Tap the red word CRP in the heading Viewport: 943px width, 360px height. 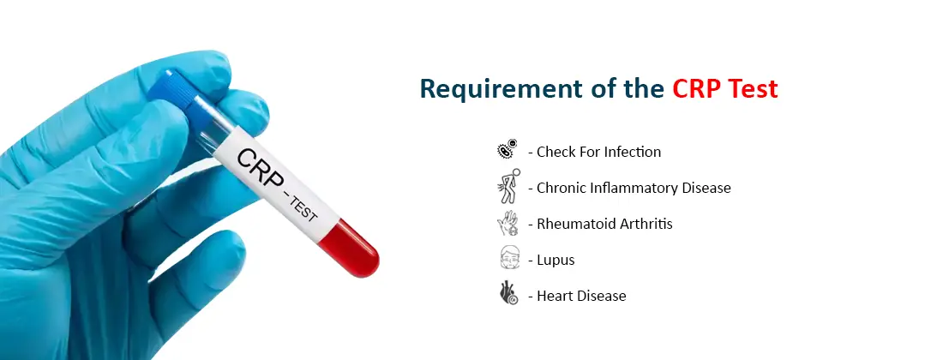click(697, 89)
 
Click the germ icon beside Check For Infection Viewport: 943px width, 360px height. click(508, 151)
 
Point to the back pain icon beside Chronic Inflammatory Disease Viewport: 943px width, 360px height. click(508, 187)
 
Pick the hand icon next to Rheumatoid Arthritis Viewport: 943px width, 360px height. click(508, 224)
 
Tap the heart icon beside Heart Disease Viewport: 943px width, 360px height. click(508, 295)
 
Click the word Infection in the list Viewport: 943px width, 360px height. click(633, 152)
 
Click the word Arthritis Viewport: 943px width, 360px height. click(642, 224)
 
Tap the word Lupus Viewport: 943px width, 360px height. click(556, 260)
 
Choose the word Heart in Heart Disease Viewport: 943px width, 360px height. click(556, 296)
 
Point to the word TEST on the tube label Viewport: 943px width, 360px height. click(305, 210)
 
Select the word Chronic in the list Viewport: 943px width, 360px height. click(562, 188)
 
